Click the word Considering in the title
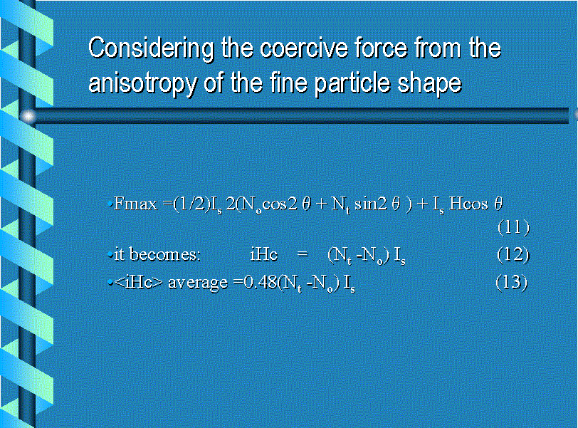(151, 49)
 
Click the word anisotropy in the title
(142, 83)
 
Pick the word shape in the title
(429, 83)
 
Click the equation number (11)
(513, 227)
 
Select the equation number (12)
(513, 255)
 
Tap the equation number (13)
(512, 283)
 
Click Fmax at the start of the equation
(135, 204)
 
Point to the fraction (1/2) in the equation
(191, 204)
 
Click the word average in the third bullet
(198, 283)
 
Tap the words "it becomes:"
(157, 255)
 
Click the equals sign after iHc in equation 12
(303, 254)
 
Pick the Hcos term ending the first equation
(468, 204)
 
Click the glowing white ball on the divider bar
(28, 117)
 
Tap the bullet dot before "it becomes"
(110, 255)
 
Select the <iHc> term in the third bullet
(138, 283)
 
